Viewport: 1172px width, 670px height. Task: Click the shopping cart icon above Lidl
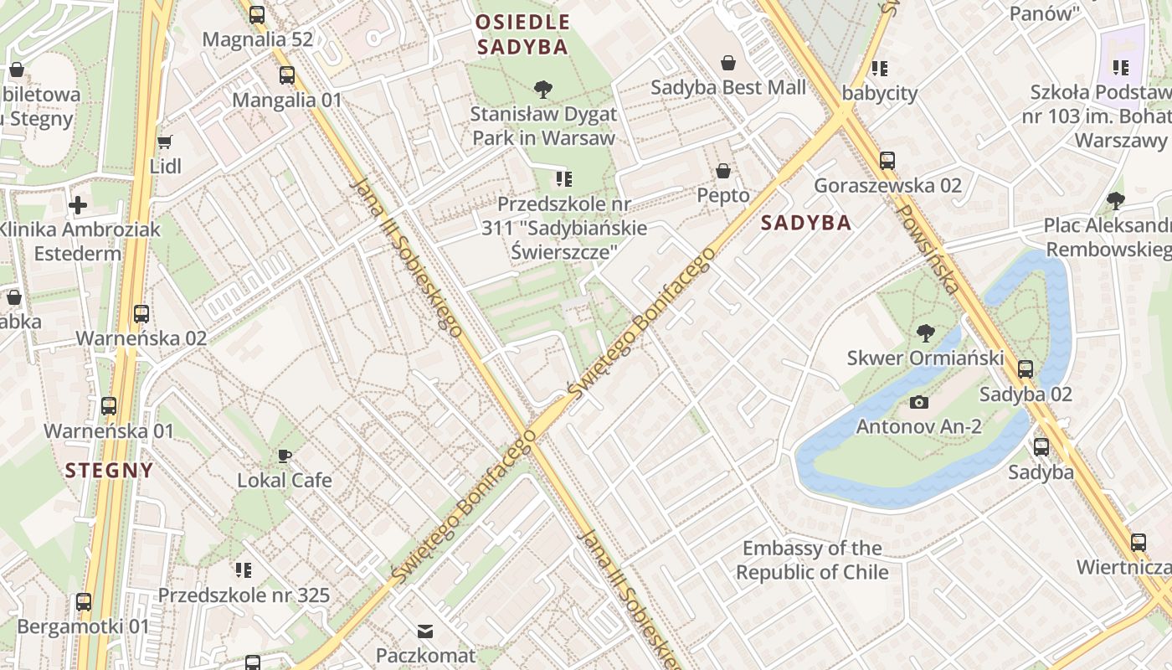(x=165, y=142)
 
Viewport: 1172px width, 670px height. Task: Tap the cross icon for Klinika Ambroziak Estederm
(x=78, y=204)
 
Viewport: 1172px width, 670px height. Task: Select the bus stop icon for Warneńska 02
(x=141, y=314)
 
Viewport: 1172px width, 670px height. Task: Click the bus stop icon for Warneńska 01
(x=109, y=406)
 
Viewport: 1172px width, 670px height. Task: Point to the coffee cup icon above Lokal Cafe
(x=285, y=456)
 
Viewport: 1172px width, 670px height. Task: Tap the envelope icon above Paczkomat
(x=425, y=631)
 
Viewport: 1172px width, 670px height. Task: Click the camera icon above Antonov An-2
(x=919, y=403)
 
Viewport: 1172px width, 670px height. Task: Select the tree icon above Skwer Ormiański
(x=925, y=333)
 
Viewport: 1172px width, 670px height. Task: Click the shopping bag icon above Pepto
(x=723, y=171)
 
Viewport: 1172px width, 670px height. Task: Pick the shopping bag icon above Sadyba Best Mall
(x=728, y=63)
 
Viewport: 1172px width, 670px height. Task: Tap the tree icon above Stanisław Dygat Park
(x=543, y=89)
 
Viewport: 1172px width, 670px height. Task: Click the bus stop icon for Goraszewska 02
(x=887, y=160)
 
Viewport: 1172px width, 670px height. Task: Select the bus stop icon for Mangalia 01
(x=287, y=75)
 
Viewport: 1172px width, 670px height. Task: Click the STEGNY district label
(x=110, y=470)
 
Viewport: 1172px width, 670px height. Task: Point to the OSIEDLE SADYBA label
(x=523, y=34)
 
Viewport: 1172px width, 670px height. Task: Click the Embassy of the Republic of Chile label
(x=812, y=560)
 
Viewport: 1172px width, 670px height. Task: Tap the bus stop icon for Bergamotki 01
(x=84, y=601)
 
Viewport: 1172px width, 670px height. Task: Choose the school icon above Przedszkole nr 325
(x=244, y=570)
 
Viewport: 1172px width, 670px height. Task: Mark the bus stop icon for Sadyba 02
(x=1025, y=369)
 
